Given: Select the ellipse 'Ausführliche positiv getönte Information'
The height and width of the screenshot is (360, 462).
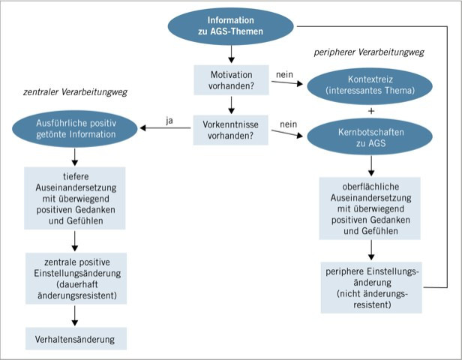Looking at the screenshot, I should (x=74, y=128).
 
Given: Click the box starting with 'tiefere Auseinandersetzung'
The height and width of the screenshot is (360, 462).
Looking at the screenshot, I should (x=74, y=197).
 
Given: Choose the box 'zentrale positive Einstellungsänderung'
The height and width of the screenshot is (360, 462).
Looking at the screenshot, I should (x=74, y=280).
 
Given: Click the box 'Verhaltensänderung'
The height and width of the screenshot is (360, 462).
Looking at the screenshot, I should (x=74, y=339).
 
